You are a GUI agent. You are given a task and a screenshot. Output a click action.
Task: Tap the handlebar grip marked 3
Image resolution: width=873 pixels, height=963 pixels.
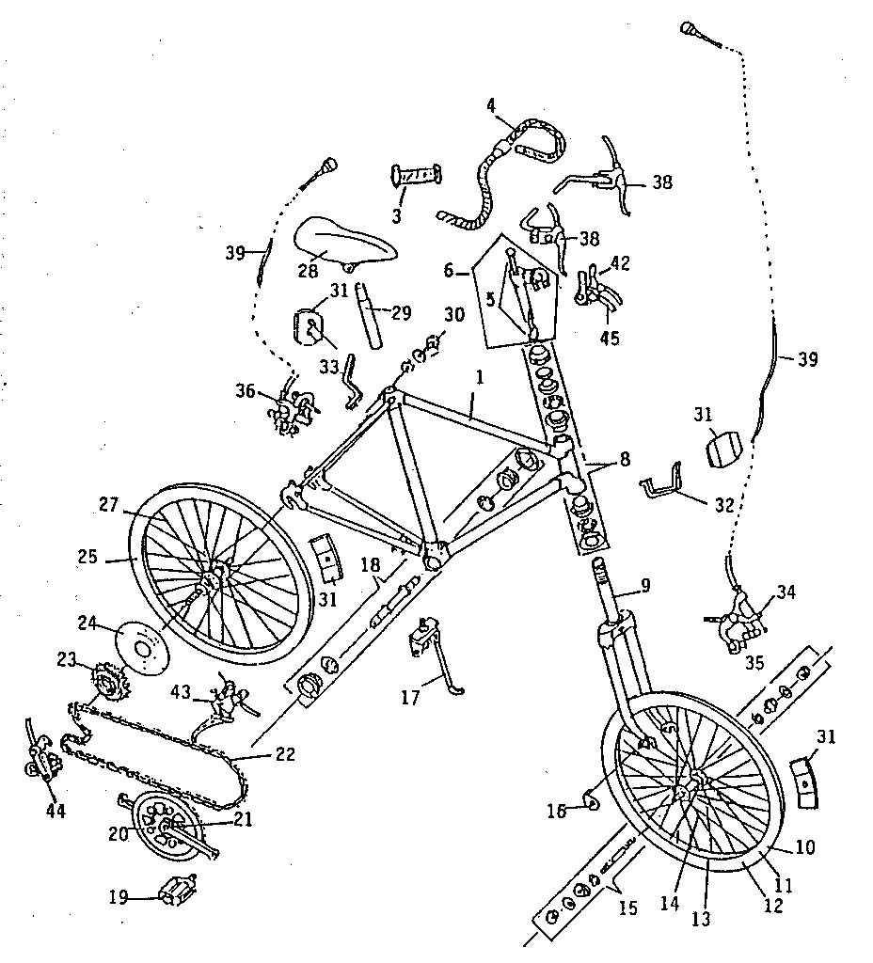415,176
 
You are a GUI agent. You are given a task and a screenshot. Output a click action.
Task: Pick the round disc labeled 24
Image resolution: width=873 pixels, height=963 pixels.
141,647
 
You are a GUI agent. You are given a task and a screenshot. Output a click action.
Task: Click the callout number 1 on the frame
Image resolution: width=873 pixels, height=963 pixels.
479,377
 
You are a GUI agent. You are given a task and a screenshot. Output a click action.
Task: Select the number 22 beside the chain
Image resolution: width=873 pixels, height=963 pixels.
285,754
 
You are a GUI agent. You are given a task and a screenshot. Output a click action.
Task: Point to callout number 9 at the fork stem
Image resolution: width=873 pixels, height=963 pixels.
644,584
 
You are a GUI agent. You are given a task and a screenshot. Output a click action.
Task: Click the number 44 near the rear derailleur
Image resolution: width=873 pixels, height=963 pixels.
56,810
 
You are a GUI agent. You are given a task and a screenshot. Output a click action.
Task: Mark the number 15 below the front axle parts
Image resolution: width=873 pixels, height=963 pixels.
627,908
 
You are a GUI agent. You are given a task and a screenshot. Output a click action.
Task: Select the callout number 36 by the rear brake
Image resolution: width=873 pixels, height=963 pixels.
245,389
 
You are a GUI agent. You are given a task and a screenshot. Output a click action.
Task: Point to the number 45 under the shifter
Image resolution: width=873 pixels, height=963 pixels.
610,338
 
